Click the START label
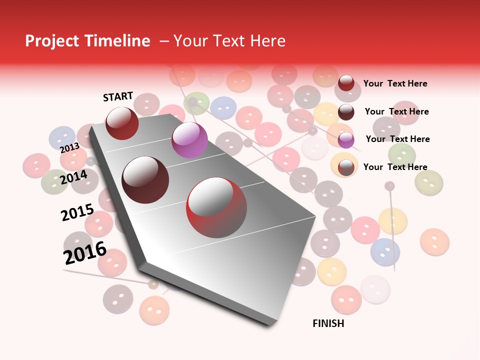tap(118, 96)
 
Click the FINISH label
tap(328, 323)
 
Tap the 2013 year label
tap(69, 148)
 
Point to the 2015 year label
tap(77, 213)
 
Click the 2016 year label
tap(85, 253)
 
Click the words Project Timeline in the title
tap(87, 41)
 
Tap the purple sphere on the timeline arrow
tap(189, 140)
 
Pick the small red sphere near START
tap(122, 123)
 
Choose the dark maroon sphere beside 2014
tap(145, 179)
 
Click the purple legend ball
tap(346, 140)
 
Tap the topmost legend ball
tap(346, 83)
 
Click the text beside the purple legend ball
tap(397, 139)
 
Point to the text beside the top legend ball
tap(395, 83)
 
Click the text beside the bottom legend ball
tap(395, 167)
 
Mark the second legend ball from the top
tap(346, 112)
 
